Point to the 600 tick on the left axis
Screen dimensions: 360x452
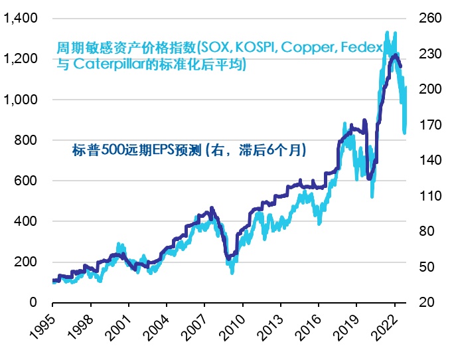pos(25,181)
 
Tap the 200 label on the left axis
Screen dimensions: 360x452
pos(25,262)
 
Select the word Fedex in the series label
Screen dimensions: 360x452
pos(364,48)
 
